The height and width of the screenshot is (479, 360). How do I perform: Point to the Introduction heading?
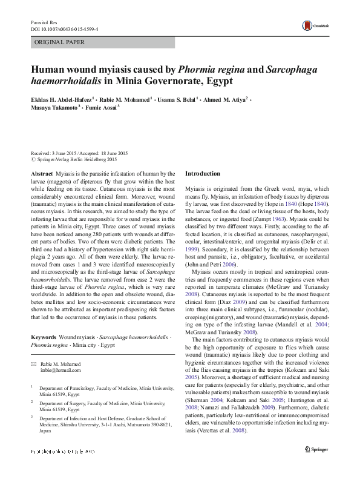click(x=203, y=174)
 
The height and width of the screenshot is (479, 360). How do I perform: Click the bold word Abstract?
click(x=42, y=174)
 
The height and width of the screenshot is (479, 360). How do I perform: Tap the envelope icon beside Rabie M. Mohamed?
click(x=34, y=346)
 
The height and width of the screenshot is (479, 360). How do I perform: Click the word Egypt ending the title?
click(x=217, y=80)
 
